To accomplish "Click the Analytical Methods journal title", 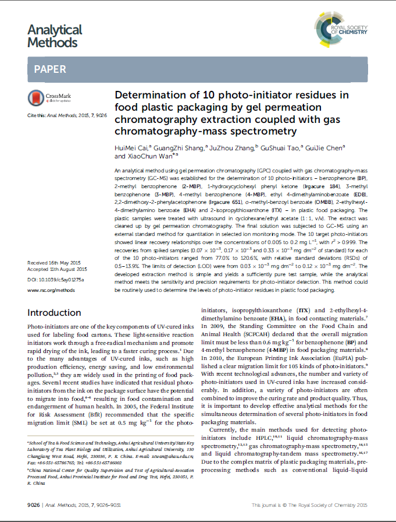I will (x=55, y=36).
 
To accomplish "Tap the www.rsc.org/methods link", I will (x=51, y=289).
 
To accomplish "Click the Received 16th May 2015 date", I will (x=56, y=263).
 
